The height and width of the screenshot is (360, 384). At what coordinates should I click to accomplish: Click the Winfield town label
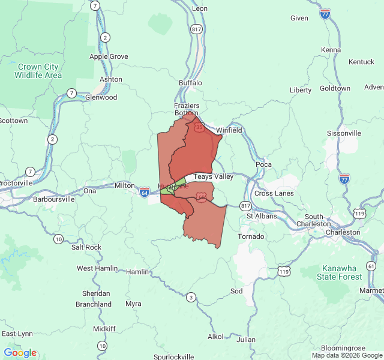[229, 130]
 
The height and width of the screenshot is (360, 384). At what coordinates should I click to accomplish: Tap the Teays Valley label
[213, 177]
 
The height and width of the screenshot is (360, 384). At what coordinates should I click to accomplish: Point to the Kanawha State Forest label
[342, 272]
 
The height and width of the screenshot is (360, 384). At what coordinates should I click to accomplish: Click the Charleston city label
[343, 232]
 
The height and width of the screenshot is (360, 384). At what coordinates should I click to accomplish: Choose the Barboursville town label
[53, 199]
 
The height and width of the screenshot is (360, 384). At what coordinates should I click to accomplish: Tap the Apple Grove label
[109, 56]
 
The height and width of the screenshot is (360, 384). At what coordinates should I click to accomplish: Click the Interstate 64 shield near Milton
[145, 191]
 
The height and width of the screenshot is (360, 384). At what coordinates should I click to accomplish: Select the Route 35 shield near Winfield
[199, 127]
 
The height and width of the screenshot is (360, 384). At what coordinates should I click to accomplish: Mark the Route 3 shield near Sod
[191, 297]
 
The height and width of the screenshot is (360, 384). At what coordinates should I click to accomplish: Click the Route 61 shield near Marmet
[371, 266]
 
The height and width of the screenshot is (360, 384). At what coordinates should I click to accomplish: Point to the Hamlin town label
[137, 272]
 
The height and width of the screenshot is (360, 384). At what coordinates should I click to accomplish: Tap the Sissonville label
[344, 133]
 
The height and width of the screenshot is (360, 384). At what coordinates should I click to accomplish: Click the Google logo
[20, 353]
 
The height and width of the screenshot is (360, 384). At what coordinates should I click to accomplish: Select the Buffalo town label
[191, 83]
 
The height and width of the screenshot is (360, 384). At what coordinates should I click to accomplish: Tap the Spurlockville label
[173, 356]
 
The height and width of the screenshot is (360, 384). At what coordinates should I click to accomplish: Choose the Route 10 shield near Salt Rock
[58, 239]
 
